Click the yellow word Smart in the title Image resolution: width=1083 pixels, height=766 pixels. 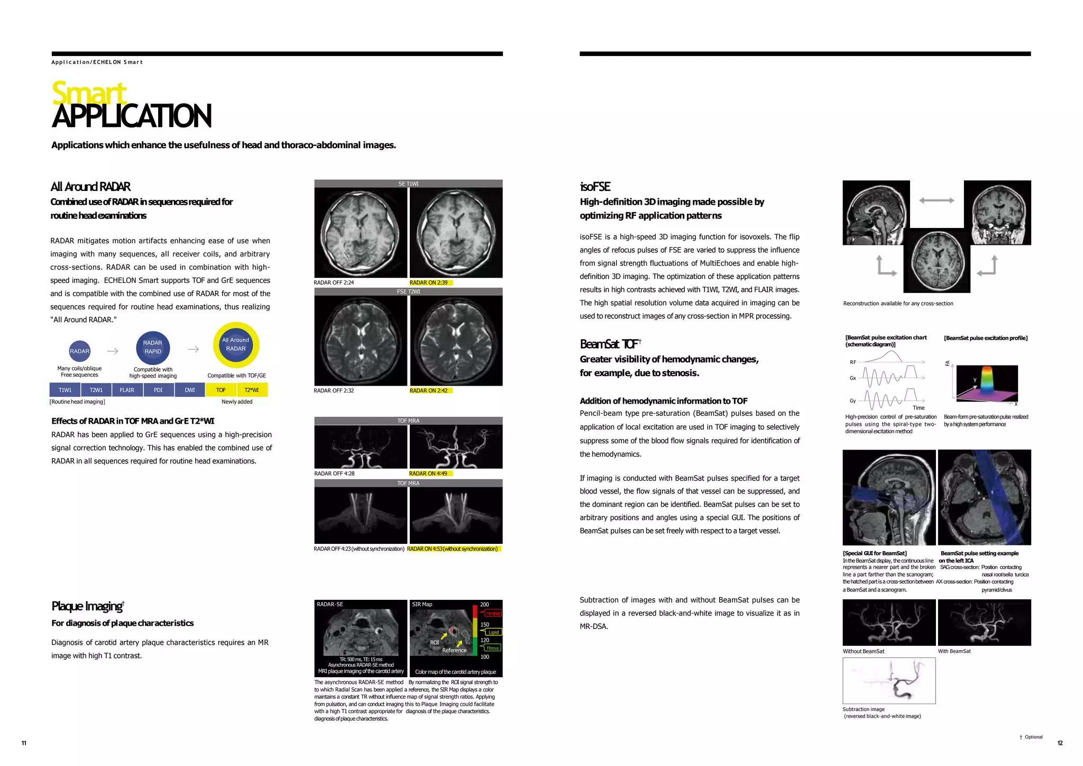click(x=89, y=93)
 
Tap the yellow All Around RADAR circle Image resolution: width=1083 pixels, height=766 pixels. click(x=236, y=345)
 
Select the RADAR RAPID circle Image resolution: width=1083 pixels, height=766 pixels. click(x=153, y=347)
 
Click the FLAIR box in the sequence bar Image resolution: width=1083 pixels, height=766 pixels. click(x=127, y=390)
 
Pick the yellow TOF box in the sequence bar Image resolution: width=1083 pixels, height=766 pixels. click(x=221, y=390)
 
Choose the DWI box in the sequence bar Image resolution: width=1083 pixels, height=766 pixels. click(x=190, y=390)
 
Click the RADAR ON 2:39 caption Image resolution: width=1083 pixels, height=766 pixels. click(x=428, y=282)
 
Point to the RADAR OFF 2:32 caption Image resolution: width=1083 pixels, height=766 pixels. click(x=334, y=390)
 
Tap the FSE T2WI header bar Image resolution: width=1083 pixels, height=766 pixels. click(x=408, y=291)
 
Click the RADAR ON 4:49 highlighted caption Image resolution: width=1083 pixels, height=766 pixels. click(x=428, y=473)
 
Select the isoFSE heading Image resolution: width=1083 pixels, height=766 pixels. click(x=595, y=187)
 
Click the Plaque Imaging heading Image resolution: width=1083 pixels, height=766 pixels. click(x=88, y=606)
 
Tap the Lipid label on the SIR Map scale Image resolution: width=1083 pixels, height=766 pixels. click(x=493, y=632)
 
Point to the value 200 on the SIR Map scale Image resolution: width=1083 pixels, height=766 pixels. click(x=484, y=604)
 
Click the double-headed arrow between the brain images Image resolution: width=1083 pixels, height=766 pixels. click(x=937, y=200)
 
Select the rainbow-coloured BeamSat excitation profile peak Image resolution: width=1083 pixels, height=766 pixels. click(x=987, y=380)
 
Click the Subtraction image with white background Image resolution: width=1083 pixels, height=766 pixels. click(x=889, y=681)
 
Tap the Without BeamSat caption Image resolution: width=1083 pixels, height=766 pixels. click(x=864, y=651)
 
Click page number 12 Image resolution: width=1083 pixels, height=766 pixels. click(x=1060, y=743)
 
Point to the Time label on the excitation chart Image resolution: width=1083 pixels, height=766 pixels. click(x=919, y=408)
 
